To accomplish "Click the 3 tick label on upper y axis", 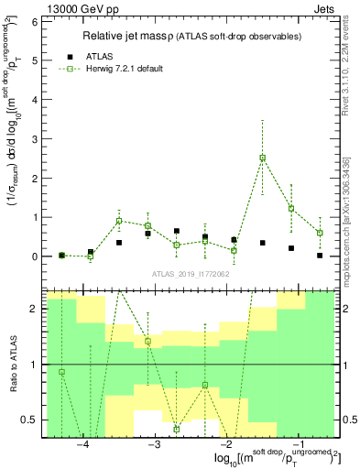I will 33,138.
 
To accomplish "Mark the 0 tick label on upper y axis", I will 33,256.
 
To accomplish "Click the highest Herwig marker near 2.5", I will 263,158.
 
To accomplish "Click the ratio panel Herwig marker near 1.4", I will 147,342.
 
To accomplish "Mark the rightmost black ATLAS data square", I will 320,256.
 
